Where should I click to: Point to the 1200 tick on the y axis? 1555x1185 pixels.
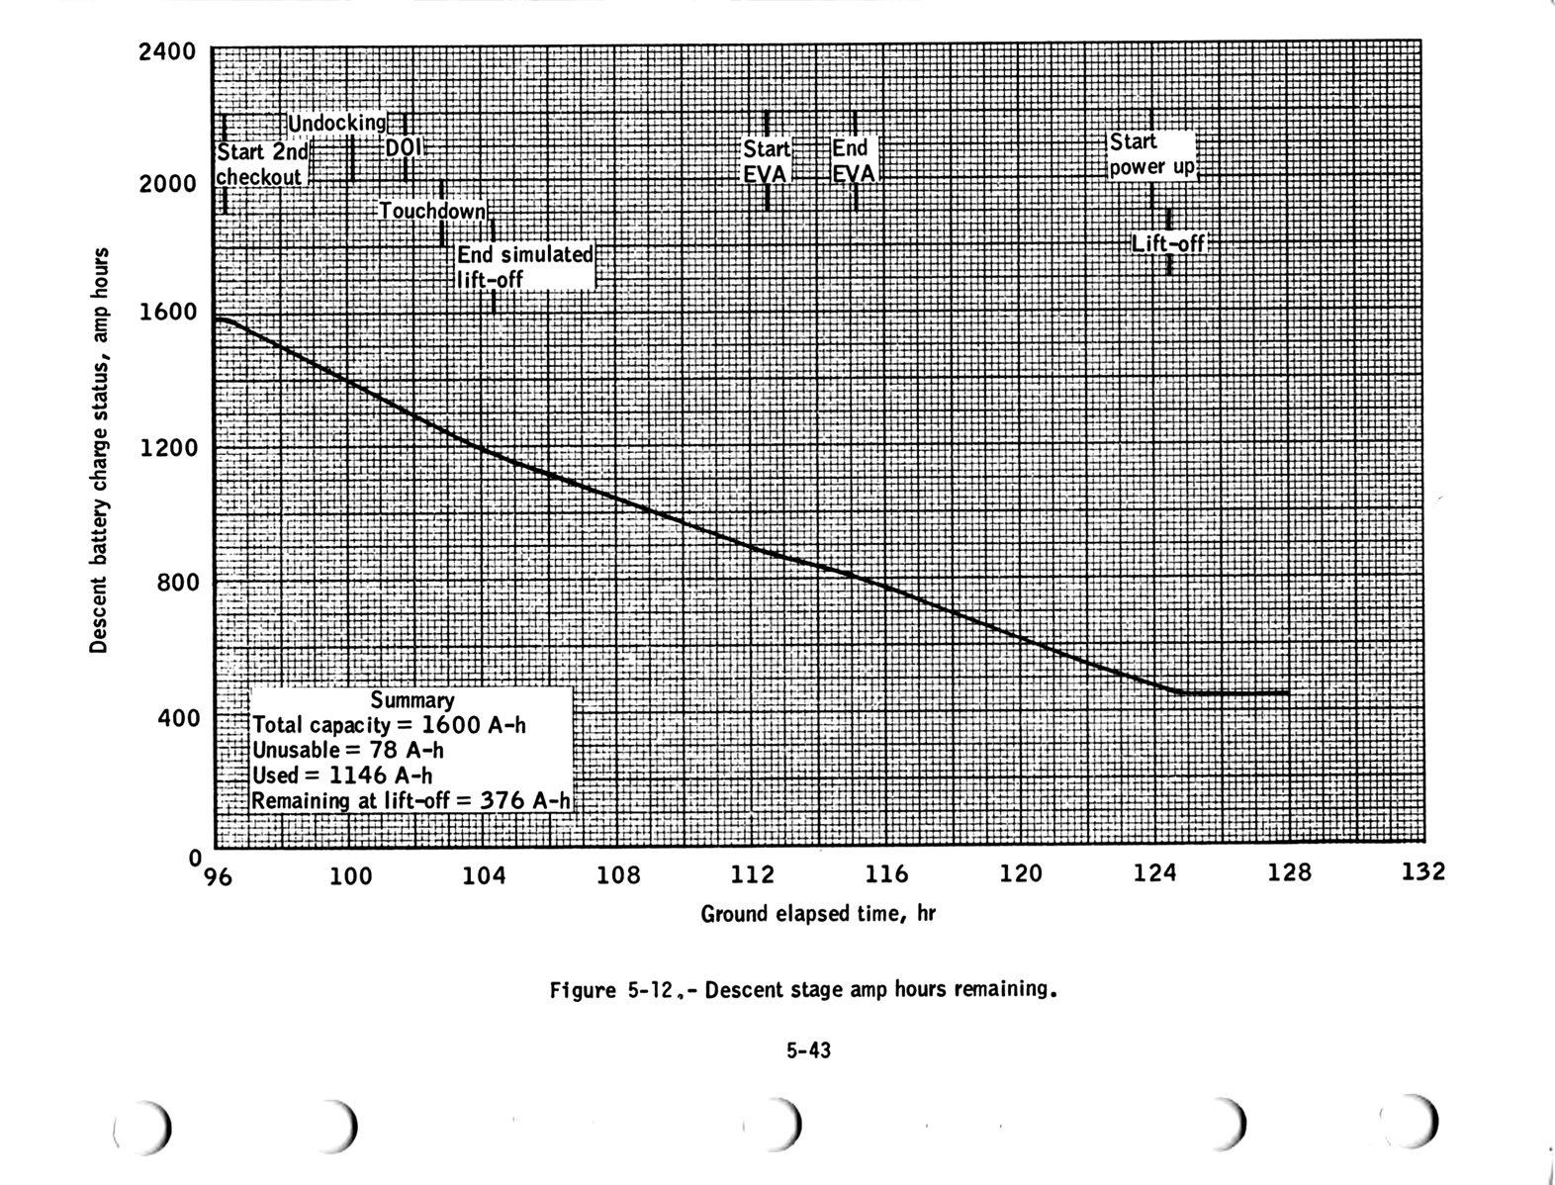(x=168, y=447)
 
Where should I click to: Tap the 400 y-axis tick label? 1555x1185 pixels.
(x=179, y=717)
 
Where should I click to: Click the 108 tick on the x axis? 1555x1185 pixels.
(x=620, y=875)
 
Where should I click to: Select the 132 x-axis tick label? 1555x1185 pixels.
(x=1423, y=871)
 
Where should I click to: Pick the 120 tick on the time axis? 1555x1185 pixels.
(x=1021, y=873)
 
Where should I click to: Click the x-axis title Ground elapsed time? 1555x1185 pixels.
(x=817, y=914)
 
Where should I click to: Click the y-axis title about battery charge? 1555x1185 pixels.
(x=98, y=450)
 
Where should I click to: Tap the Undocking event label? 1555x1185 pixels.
(x=336, y=124)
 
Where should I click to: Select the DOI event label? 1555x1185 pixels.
(x=403, y=147)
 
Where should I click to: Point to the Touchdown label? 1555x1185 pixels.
(x=433, y=211)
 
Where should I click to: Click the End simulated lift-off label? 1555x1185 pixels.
(x=524, y=266)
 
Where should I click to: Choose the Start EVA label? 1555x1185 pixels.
(x=767, y=161)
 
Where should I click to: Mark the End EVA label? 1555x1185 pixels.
(x=854, y=161)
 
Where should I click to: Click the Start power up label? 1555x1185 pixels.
(x=1151, y=154)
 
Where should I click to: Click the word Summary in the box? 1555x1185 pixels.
(x=412, y=700)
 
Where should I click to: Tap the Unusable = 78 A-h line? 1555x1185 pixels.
(x=347, y=750)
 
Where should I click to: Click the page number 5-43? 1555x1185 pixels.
(x=809, y=1050)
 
